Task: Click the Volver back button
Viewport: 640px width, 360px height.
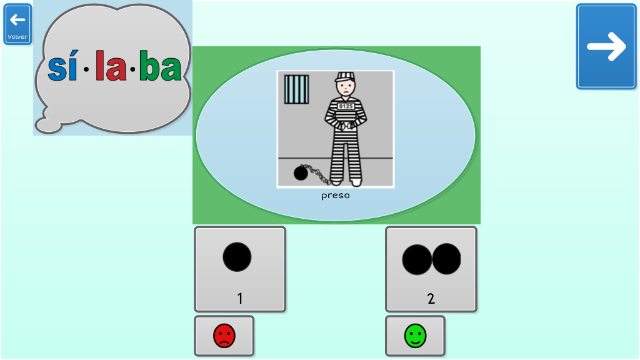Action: [x=17, y=24]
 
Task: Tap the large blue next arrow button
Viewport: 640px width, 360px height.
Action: [x=606, y=46]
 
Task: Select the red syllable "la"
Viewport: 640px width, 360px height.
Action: [x=111, y=65]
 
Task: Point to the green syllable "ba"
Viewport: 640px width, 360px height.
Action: [x=161, y=65]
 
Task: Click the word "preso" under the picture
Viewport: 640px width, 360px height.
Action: [x=336, y=196]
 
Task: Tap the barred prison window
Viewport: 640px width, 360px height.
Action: [x=297, y=89]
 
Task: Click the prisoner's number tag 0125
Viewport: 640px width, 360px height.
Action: [x=346, y=106]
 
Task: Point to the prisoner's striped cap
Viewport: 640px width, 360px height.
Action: [x=345, y=76]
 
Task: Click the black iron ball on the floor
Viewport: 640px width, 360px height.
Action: [x=301, y=173]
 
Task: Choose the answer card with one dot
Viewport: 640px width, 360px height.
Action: [x=240, y=269]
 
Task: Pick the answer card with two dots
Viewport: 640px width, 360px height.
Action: [x=431, y=269]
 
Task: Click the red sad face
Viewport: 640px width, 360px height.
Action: [x=224, y=336]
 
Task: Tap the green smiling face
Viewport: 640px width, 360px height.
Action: [x=416, y=336]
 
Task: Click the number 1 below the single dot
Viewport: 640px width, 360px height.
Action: [x=240, y=299]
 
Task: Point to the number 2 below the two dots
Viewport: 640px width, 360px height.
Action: [x=431, y=299]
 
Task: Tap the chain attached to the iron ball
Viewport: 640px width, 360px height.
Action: [x=317, y=173]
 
